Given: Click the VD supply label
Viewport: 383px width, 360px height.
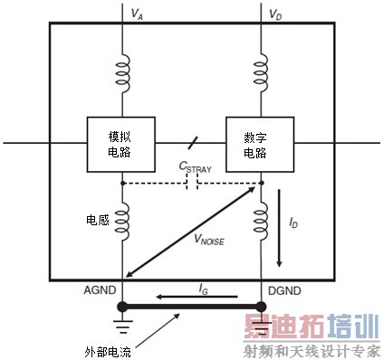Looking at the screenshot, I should (276, 15).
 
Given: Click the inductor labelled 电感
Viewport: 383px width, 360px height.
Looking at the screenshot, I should (121, 218).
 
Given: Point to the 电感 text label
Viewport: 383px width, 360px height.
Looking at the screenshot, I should (99, 218).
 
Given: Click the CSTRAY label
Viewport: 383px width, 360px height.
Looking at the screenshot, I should (197, 166).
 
